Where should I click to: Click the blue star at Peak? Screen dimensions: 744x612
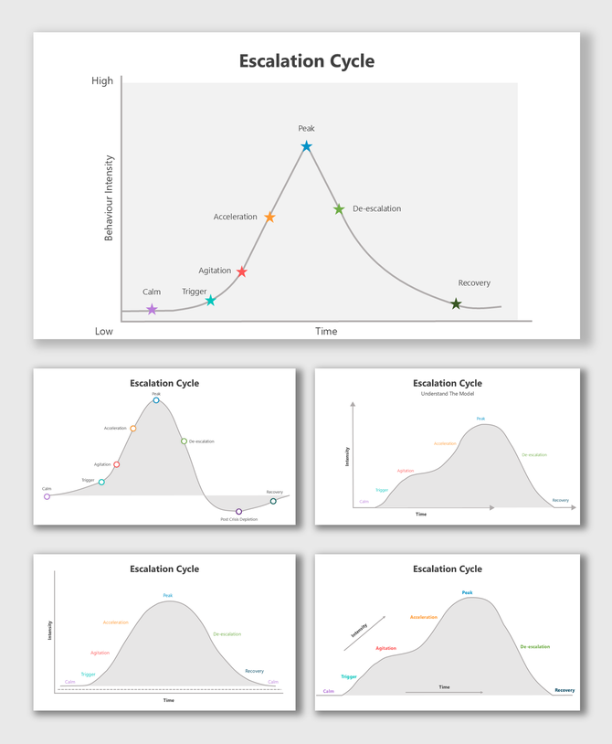(x=306, y=146)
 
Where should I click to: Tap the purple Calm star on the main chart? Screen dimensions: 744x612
(x=152, y=310)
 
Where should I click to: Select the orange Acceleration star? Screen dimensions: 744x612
(x=269, y=218)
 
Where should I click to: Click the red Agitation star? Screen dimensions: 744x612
(x=241, y=271)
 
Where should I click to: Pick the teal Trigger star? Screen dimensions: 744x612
(x=210, y=300)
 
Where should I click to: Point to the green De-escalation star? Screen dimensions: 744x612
(x=339, y=209)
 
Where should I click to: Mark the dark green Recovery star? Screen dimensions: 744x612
(x=456, y=303)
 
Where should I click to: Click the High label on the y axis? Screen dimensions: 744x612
(x=102, y=80)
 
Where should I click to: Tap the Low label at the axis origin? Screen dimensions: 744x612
(x=104, y=331)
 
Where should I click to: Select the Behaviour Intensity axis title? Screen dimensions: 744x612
(x=110, y=197)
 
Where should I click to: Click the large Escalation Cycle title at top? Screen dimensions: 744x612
(x=307, y=61)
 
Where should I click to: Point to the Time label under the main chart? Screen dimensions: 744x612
(x=326, y=331)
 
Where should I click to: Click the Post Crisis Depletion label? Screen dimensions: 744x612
(x=239, y=519)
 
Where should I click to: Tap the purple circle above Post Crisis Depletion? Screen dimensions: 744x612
(x=239, y=511)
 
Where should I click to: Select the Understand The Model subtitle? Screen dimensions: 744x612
(x=448, y=394)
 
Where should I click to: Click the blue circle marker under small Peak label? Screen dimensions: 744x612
(x=156, y=400)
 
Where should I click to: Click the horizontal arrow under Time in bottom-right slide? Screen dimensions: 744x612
(x=444, y=693)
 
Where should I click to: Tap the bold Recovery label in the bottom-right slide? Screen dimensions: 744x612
(x=565, y=690)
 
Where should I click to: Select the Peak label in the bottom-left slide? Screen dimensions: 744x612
(x=168, y=595)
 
